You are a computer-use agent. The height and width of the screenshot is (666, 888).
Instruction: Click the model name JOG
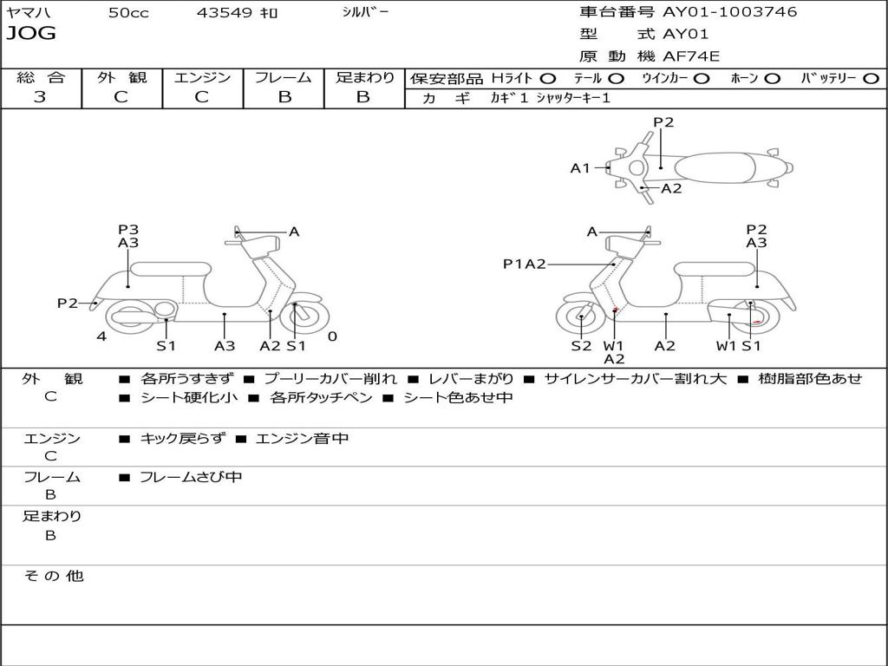click(x=31, y=34)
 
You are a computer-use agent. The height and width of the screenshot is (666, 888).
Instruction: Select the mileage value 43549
click(x=225, y=13)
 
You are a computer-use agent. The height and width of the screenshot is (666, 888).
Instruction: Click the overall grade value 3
click(x=40, y=97)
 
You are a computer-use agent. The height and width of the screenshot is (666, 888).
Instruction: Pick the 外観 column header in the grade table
click(x=121, y=77)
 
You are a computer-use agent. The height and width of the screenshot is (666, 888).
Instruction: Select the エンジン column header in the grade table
click(x=202, y=77)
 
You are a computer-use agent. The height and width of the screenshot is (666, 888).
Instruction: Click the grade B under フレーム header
click(x=284, y=97)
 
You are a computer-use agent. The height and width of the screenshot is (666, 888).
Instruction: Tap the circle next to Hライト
click(x=548, y=78)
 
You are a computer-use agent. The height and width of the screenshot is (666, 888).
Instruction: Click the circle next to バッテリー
click(x=871, y=78)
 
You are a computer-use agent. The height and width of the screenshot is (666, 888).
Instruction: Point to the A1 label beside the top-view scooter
click(x=579, y=168)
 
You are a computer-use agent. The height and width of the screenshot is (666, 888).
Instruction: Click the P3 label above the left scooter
click(x=128, y=229)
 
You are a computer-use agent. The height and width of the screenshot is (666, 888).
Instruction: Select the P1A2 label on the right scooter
click(x=524, y=264)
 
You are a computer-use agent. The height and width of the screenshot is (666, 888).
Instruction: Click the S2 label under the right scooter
click(x=580, y=346)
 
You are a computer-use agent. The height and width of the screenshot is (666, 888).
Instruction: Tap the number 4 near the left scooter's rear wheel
click(x=101, y=336)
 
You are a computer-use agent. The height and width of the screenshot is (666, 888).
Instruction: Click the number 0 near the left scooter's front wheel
click(x=332, y=336)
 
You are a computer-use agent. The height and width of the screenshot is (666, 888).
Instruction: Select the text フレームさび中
click(x=191, y=477)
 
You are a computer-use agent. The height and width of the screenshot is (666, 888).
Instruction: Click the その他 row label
click(x=53, y=576)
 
